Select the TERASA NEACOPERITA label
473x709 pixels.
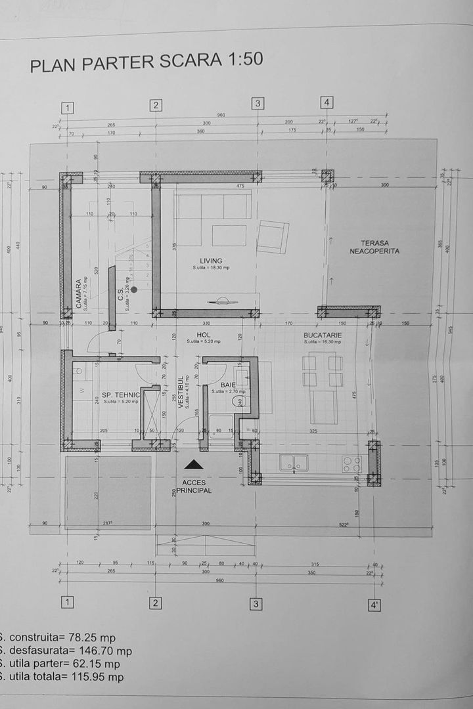pos(374,246)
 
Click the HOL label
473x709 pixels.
pos(203,335)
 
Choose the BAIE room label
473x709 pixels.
pos(228,385)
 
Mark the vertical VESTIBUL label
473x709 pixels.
pos(181,392)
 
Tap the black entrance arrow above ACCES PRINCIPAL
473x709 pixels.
pos(192,465)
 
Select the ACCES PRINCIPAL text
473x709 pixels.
pos(193,486)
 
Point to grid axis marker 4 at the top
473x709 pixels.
pos(327,102)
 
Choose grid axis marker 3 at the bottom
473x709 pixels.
pos(256,603)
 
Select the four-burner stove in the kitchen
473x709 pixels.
pos(351,463)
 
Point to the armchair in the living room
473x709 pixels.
pos(272,237)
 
